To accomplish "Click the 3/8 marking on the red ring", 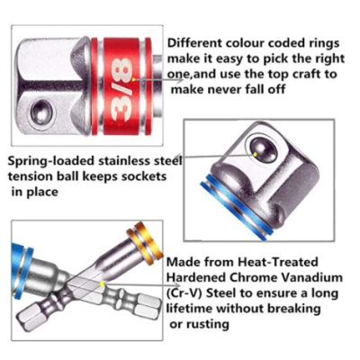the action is tap(122, 87).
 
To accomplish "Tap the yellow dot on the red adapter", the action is tap(133, 79).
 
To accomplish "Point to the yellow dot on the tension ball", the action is tap(255, 154).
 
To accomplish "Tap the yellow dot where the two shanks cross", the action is tap(102, 283).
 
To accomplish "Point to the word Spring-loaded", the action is tap(50, 161).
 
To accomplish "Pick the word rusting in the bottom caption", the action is tap(207, 324).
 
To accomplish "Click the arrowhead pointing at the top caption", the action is tap(179, 80).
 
